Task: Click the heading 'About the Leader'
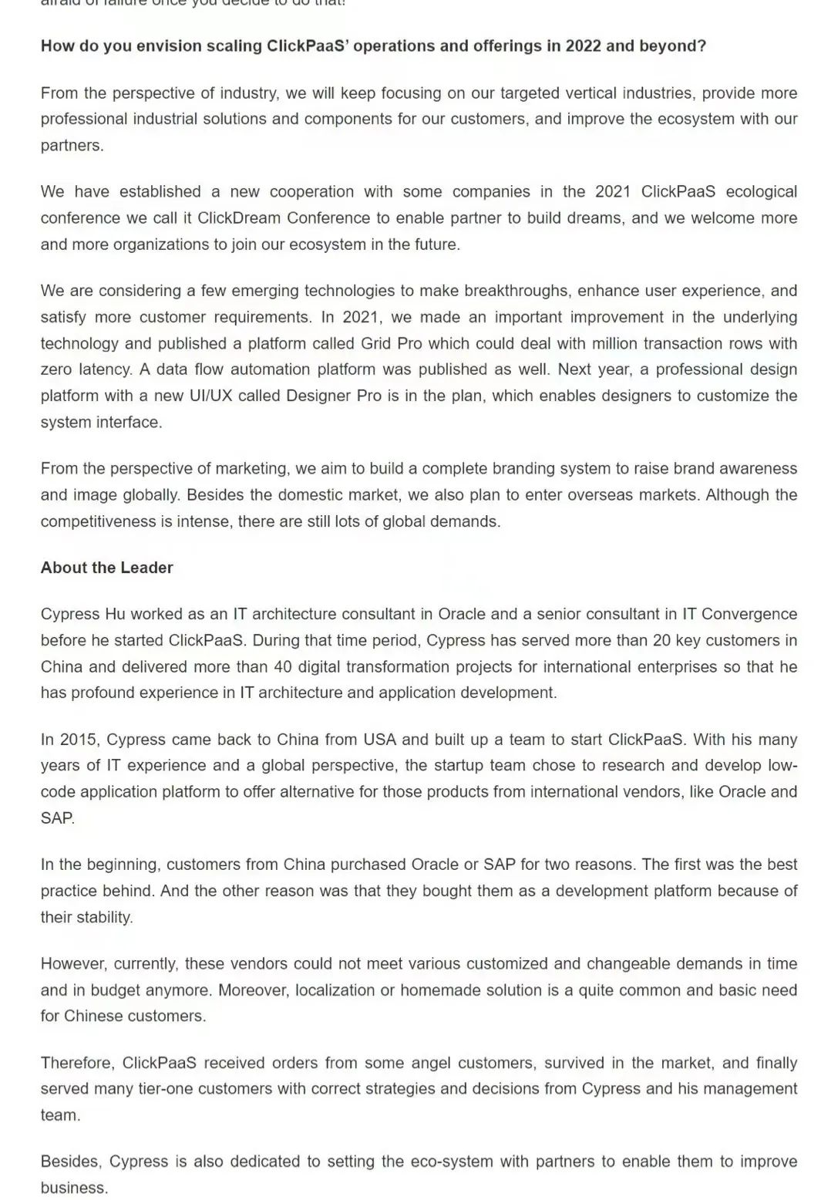click(106, 568)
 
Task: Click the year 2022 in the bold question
click(583, 46)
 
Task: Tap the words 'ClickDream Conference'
click(284, 218)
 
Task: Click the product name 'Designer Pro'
click(333, 396)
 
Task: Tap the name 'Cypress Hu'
click(82, 614)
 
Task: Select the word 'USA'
click(379, 740)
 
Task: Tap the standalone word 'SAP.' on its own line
click(58, 818)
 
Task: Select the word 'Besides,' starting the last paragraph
click(71, 1161)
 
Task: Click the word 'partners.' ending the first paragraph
click(72, 146)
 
